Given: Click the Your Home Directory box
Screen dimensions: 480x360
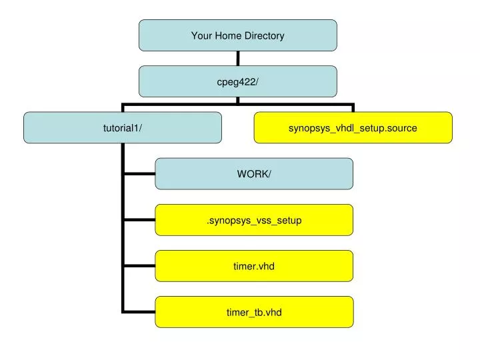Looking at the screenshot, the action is [238, 35].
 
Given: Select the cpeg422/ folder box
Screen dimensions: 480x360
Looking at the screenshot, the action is [238, 81].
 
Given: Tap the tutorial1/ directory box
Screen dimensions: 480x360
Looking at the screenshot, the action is [123, 127].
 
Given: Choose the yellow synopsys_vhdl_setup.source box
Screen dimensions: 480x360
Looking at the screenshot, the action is [353, 127].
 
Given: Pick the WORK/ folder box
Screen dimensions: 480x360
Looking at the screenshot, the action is [254, 174].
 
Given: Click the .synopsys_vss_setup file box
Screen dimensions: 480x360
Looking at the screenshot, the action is [254, 220].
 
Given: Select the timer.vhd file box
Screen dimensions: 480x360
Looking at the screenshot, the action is [254, 266].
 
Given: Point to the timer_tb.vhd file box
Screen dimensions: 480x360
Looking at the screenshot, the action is [254, 312].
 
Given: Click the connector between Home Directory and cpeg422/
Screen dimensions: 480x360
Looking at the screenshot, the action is [238, 58].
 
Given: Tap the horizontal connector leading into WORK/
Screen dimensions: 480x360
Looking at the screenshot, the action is [139, 174].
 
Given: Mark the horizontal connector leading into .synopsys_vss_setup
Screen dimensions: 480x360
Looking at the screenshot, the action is [139, 220].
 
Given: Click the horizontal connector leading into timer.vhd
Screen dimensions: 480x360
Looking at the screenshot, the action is [139, 266].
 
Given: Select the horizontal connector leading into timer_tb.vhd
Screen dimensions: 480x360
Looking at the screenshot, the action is [139, 312].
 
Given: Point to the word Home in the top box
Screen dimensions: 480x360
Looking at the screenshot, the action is [228, 35].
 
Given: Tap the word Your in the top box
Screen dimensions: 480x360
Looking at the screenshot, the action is [202, 35].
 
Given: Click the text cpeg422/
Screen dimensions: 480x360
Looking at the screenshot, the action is [237, 83].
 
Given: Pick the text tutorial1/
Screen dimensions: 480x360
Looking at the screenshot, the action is [123, 127].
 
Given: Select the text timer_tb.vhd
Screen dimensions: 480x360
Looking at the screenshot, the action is [254, 312].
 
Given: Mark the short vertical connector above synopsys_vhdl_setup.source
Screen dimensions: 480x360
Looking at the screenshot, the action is [353, 108].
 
